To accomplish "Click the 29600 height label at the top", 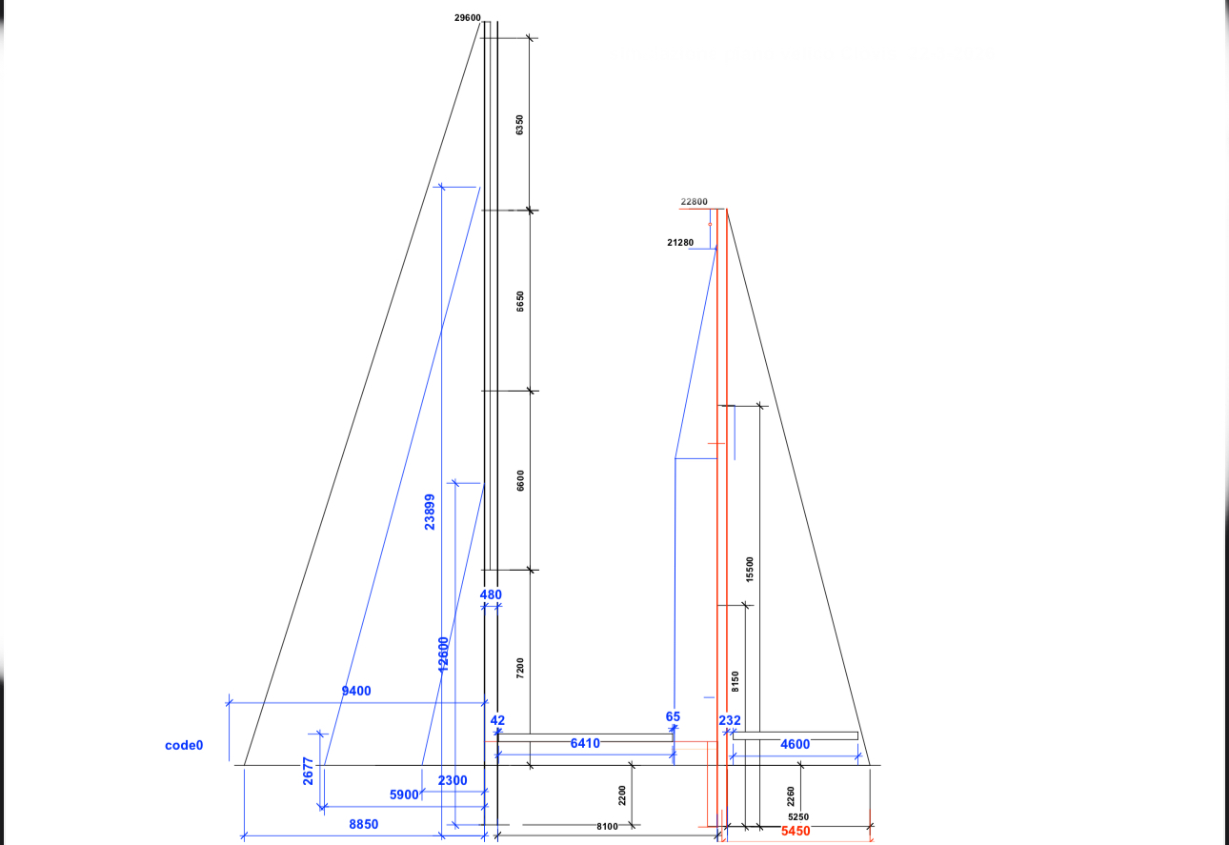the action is point(467,17).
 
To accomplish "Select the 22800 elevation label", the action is point(695,202).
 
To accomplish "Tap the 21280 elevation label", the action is point(680,243).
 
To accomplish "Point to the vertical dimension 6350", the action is point(519,125).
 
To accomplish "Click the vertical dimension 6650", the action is point(520,301).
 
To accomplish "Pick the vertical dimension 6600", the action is point(520,481).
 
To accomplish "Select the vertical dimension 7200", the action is point(520,669).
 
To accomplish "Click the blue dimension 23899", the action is point(430,512).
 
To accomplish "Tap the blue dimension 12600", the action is point(444,654).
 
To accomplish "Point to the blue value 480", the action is point(491,594).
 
